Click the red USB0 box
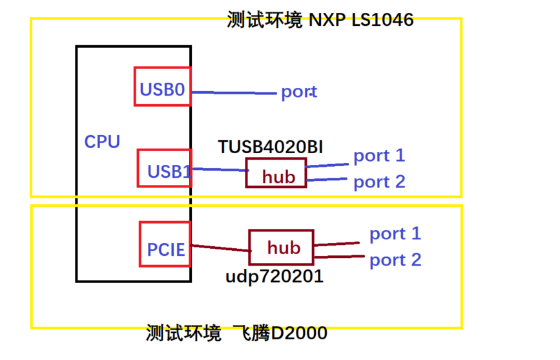[x=162, y=86]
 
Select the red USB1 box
[x=165, y=168]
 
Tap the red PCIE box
[x=165, y=244]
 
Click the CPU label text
[x=102, y=142]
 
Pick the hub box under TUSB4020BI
[x=275, y=173]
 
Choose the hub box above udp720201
[x=281, y=247]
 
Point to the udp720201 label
[x=274, y=277]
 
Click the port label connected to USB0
[x=298, y=92]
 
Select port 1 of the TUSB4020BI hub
[x=379, y=156]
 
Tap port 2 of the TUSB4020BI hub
[x=379, y=182]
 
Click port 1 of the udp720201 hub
[x=395, y=234]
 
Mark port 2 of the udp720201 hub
[x=395, y=260]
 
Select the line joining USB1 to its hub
[x=219, y=169]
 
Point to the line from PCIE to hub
[x=220, y=248]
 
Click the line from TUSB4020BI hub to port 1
[x=328, y=164]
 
